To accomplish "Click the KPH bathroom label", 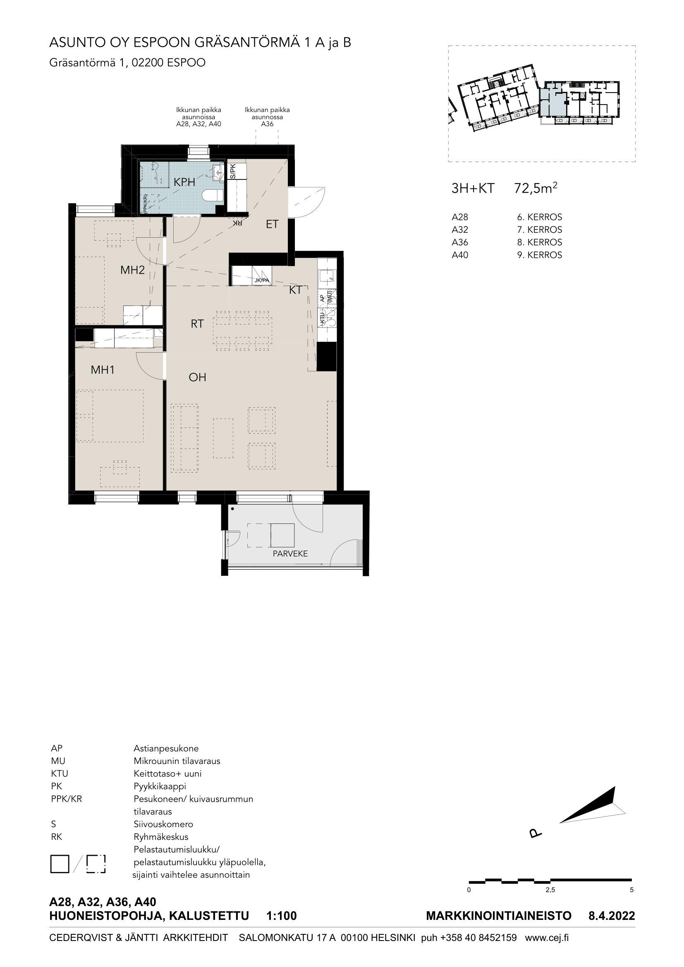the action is [x=184, y=182].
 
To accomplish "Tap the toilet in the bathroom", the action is [x=213, y=196].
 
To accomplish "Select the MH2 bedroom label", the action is [x=133, y=270].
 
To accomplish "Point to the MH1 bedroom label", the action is [x=103, y=370].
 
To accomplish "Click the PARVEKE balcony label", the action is [x=290, y=554].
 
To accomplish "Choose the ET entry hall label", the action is [x=272, y=224].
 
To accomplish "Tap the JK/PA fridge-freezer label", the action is [x=261, y=280].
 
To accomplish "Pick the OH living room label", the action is [x=197, y=377].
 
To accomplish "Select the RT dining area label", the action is [x=197, y=323].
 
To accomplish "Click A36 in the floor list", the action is [x=459, y=242].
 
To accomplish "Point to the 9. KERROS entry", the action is [x=540, y=255].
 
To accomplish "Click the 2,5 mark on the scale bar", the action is [x=550, y=890].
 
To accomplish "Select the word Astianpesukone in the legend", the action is [x=166, y=748].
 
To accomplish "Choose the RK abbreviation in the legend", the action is [x=56, y=837].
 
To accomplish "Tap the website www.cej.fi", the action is [x=547, y=926].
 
